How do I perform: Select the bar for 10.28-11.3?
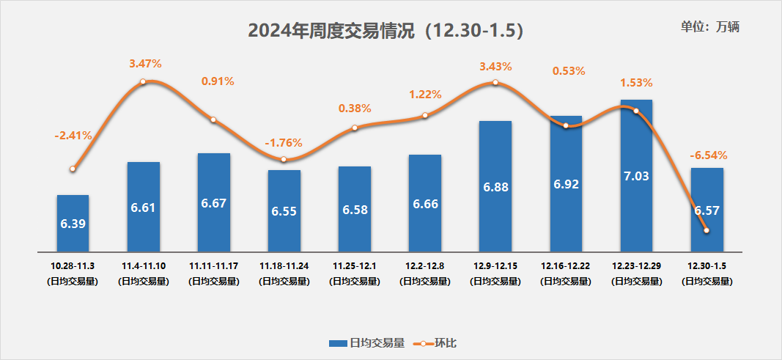click(73, 222)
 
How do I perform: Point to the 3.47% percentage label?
click(145, 65)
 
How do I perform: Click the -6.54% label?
click(708, 155)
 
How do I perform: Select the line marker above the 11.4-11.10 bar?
click(144, 81)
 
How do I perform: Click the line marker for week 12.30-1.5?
click(707, 230)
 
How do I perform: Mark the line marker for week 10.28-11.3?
click(73, 169)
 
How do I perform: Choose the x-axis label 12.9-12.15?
click(495, 265)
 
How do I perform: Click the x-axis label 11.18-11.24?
click(284, 265)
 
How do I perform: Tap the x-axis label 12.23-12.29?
click(636, 265)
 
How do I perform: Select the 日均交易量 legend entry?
click(367, 342)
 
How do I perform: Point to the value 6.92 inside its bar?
click(566, 184)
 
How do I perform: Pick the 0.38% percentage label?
click(355, 108)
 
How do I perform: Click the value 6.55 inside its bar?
click(284, 210)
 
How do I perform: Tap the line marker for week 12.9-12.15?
click(495, 82)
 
